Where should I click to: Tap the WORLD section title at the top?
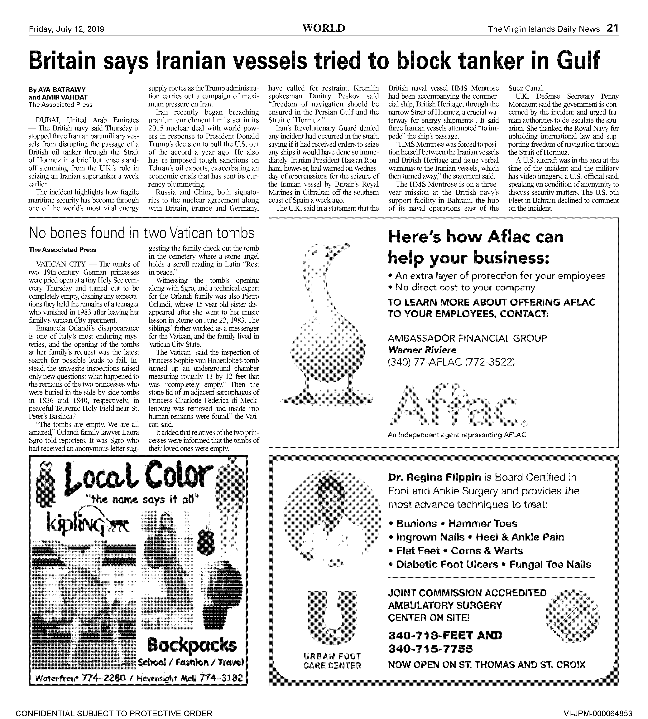click(x=323, y=28)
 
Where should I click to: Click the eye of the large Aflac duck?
click(x=314, y=252)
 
